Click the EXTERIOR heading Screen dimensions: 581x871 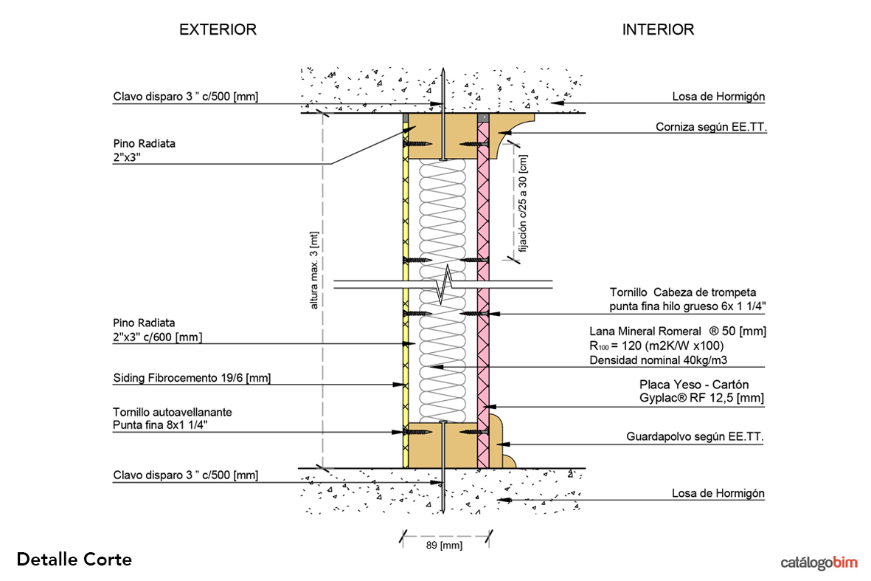[218, 30]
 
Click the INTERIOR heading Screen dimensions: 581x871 [658, 30]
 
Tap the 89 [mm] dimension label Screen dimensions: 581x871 [445, 546]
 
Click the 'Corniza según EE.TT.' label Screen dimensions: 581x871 [711, 127]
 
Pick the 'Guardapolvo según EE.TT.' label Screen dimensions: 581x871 [695, 437]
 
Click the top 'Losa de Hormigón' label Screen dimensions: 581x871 [718, 96]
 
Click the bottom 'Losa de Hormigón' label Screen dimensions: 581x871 [718, 493]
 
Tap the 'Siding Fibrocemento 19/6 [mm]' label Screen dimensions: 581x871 [192, 378]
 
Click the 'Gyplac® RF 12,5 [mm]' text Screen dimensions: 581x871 [701, 399]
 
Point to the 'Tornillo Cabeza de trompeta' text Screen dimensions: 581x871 [683, 292]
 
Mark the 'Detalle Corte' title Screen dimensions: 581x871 [74, 560]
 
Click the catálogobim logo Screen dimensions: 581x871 [819, 563]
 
